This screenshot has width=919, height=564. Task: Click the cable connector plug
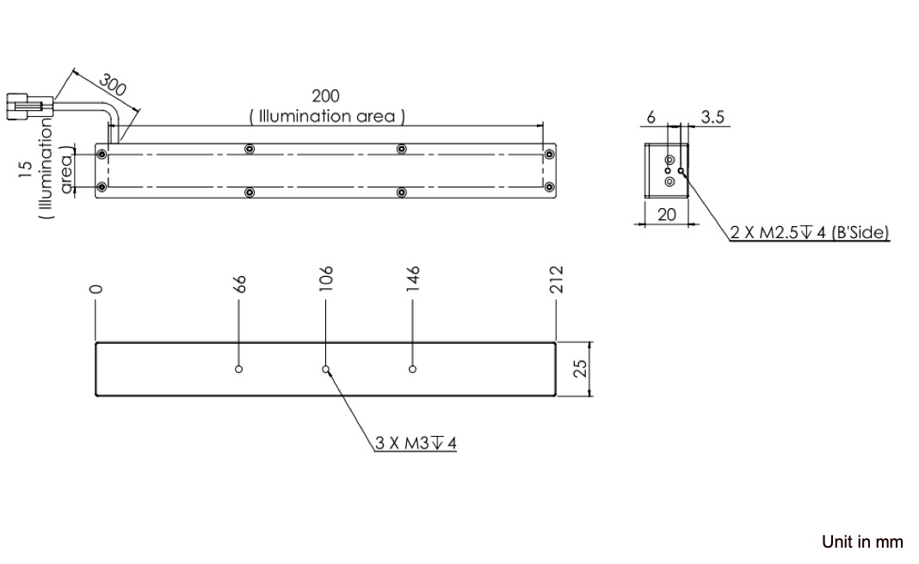[x=28, y=107]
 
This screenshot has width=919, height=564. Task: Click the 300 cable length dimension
[x=112, y=86]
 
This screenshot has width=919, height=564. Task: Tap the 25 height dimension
[x=581, y=368]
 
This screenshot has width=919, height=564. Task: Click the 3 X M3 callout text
[x=416, y=444]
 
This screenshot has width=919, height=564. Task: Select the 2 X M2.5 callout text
[x=810, y=232]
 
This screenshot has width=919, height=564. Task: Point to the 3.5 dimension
[x=712, y=117]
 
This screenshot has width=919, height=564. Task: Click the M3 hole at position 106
[x=326, y=370]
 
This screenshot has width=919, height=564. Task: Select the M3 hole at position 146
[x=413, y=370]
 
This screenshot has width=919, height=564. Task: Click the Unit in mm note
[x=862, y=542]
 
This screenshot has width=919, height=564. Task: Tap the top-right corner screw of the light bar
[x=548, y=155]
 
